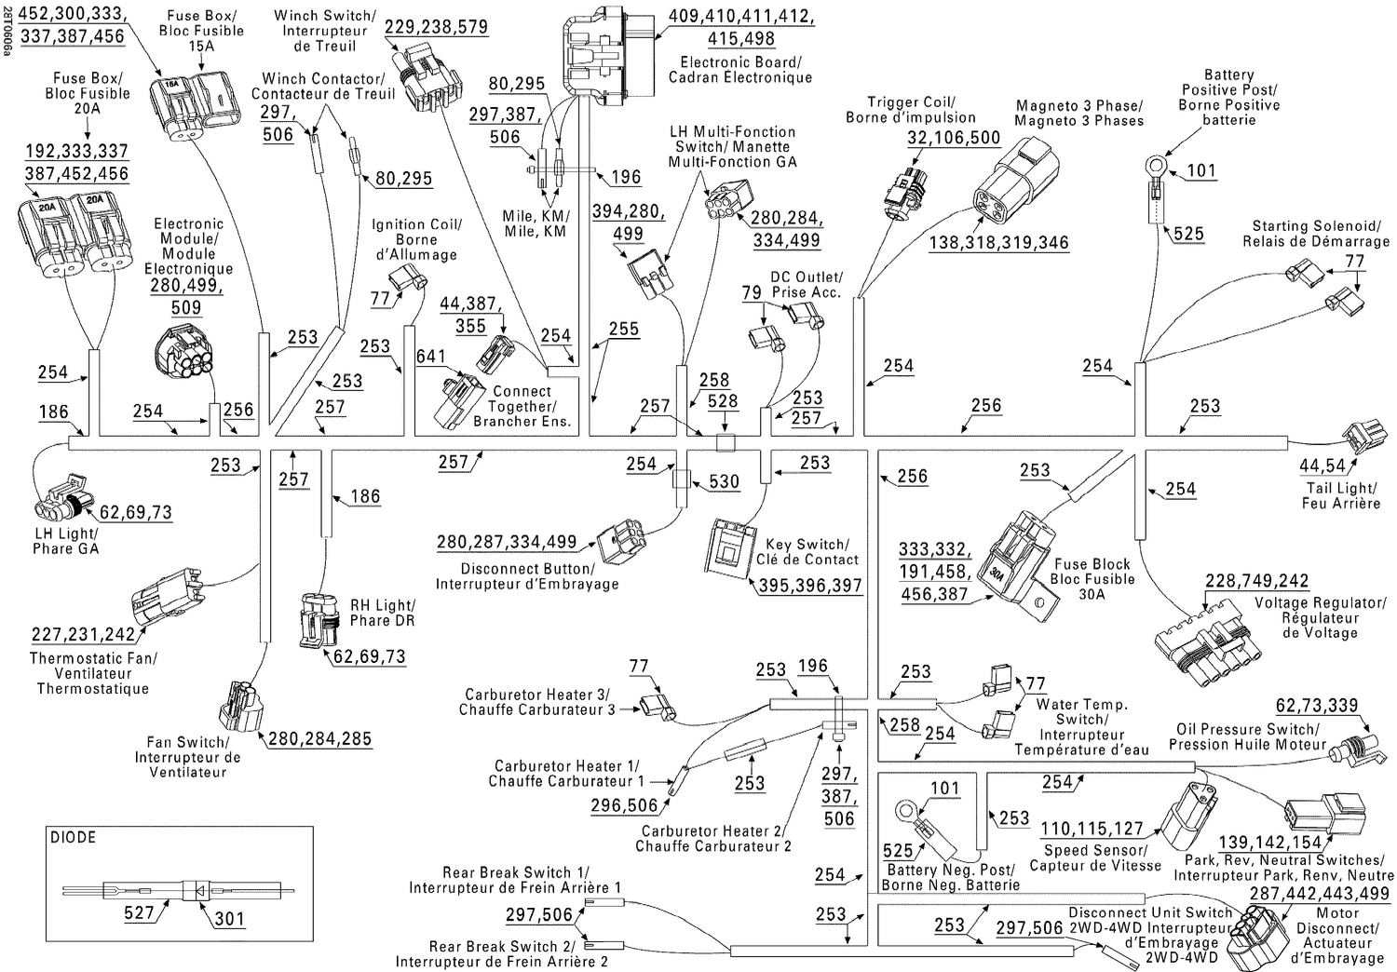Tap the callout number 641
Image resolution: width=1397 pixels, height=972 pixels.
[430, 357]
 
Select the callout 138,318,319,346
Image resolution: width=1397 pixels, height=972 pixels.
[998, 243]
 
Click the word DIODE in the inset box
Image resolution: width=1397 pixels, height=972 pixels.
[74, 837]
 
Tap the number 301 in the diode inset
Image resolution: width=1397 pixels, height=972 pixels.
[229, 918]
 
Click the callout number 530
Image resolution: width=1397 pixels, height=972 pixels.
[724, 481]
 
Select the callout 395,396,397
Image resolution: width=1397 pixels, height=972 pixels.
[809, 587]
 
